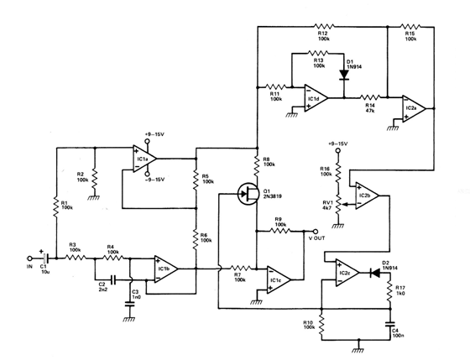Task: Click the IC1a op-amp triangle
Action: [144, 159]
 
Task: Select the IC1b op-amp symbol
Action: [166, 269]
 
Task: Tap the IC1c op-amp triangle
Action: [279, 279]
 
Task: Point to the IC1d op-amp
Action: [316, 97]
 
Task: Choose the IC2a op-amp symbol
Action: [415, 108]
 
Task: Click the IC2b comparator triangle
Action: [368, 196]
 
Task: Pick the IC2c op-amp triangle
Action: [347, 273]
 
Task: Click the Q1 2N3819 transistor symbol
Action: [248, 194]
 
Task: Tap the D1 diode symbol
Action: [344, 75]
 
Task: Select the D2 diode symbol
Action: [374, 273]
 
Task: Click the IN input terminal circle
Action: [29, 258]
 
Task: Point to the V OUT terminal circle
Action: [315, 231]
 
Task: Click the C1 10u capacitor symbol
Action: [46, 258]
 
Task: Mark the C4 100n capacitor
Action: [390, 324]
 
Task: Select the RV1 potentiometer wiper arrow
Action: [347, 205]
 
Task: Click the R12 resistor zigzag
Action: [325, 26]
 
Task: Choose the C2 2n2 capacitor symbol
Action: [113, 280]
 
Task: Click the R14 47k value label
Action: [370, 111]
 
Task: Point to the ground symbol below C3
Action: [129, 319]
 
